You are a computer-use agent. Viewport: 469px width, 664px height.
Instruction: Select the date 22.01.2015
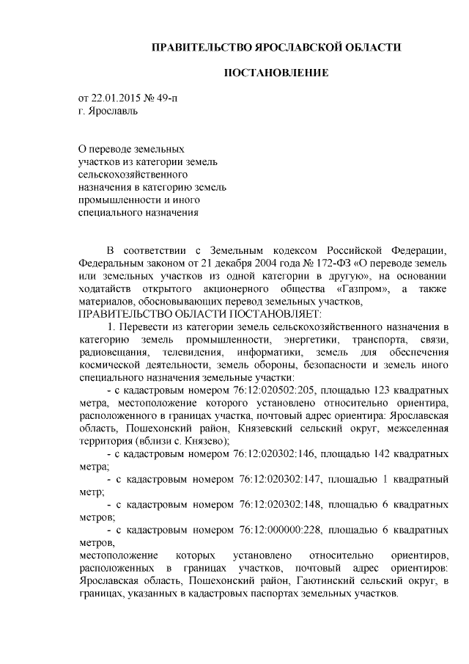point(118,98)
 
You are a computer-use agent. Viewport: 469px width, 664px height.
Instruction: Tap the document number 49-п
point(166,98)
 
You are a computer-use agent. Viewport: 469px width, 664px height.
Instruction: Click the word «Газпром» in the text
point(363,289)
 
